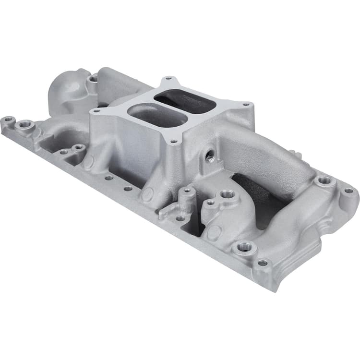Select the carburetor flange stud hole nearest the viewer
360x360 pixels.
point(174,142)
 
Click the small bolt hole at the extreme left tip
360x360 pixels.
point(8,119)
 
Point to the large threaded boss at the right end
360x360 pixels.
point(325,180)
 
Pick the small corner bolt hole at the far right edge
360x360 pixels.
point(349,191)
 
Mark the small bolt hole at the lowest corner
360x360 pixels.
point(263,263)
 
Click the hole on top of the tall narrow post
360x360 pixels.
point(187,190)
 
